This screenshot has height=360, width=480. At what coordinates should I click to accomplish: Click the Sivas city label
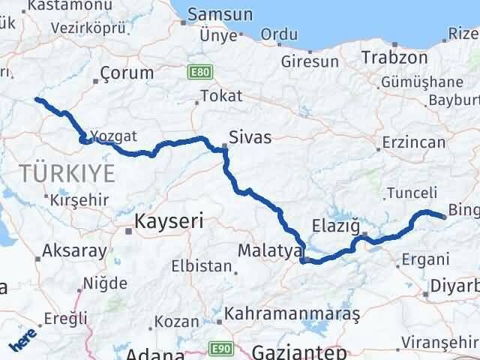point(251,137)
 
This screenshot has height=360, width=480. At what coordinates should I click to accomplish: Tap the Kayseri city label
point(169,221)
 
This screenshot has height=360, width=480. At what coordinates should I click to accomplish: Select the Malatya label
point(268,250)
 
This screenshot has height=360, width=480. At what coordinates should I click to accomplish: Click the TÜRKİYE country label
point(67,174)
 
